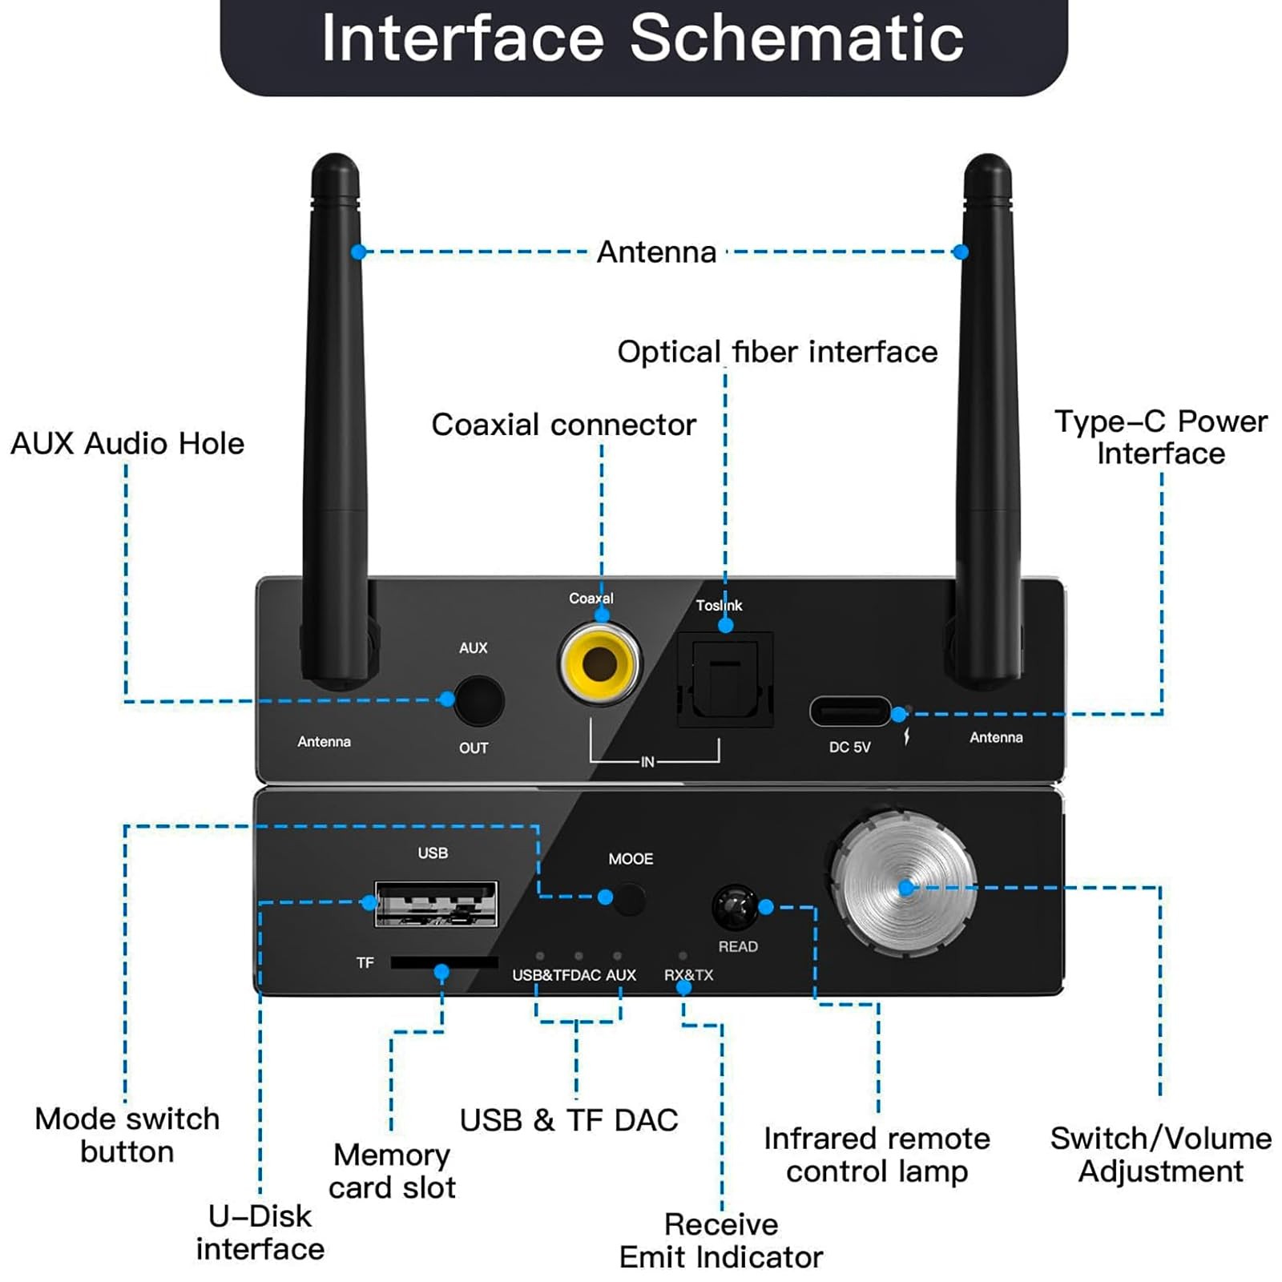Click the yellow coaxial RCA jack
599,663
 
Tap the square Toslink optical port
725,679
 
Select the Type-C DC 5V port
849,712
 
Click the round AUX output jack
479,701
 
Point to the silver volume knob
904,885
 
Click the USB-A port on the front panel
436,904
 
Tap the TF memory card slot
443,962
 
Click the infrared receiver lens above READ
734,907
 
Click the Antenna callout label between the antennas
656,252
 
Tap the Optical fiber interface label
776,352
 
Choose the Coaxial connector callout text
563,425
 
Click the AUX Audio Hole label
127,443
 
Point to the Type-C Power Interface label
1160,437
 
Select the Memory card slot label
392,1171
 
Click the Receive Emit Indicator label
720,1240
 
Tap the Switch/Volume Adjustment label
1160,1155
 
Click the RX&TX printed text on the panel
688,975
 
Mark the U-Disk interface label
260,1232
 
